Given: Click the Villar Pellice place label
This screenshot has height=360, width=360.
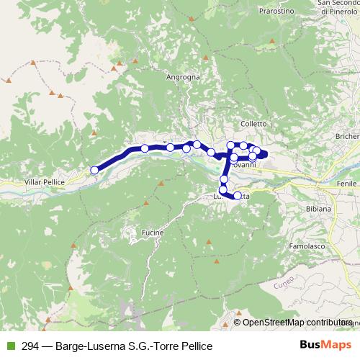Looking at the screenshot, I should pos(44,182).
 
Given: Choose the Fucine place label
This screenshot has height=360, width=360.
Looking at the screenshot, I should pos(153,233).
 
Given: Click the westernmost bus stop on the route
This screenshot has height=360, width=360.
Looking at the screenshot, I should pos(94,170).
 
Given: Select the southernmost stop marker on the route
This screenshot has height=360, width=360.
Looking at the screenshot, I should pos(238,195).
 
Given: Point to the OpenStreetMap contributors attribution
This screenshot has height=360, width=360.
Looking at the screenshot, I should pos(296,322).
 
